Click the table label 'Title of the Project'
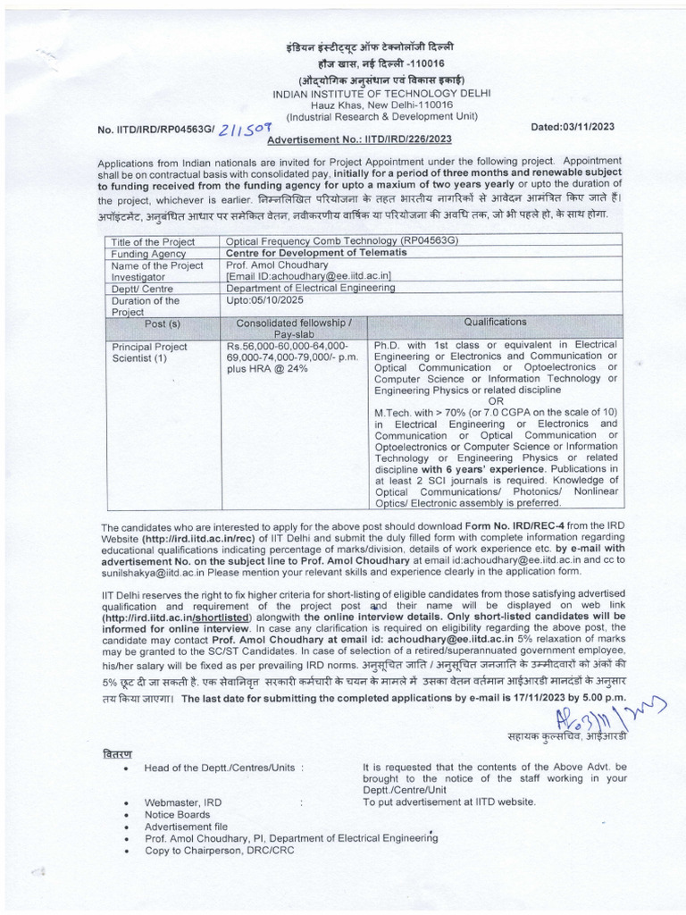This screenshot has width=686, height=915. click(x=146, y=243)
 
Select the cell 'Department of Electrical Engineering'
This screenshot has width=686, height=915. click(x=310, y=288)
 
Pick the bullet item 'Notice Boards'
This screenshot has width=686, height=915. click(x=177, y=815)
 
